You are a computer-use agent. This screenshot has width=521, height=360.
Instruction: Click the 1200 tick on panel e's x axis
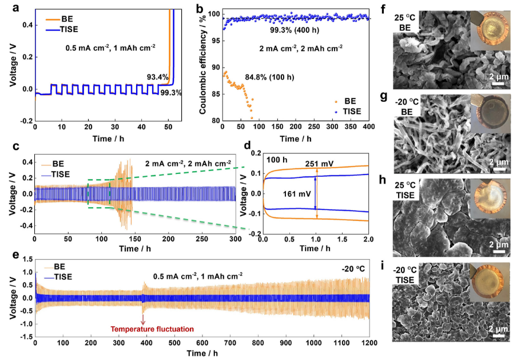369,343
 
